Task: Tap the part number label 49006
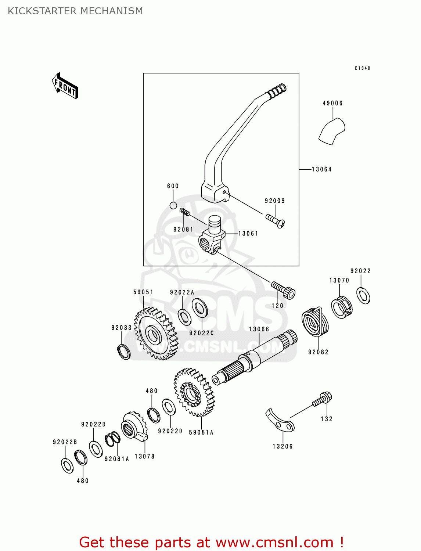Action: point(332,103)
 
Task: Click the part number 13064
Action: point(321,169)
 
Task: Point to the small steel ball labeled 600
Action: point(173,205)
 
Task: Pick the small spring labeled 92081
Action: point(185,212)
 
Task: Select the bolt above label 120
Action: point(284,290)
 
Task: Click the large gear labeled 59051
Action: point(155,334)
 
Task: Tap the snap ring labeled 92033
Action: point(124,352)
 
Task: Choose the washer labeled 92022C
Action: point(199,308)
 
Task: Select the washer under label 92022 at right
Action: point(363,295)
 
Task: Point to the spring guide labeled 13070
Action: point(342,307)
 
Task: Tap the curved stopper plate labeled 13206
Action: point(280,421)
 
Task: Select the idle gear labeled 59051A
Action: point(194,393)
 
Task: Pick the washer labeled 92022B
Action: point(67,465)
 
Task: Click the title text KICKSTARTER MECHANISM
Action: point(75,11)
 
